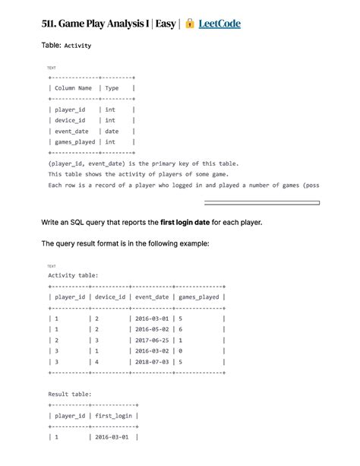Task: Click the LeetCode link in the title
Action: point(219,24)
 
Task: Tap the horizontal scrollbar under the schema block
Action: point(261,203)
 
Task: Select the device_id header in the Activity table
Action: point(109,296)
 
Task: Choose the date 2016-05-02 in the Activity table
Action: point(153,329)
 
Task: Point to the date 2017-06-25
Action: point(153,340)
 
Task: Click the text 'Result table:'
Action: point(70,395)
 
